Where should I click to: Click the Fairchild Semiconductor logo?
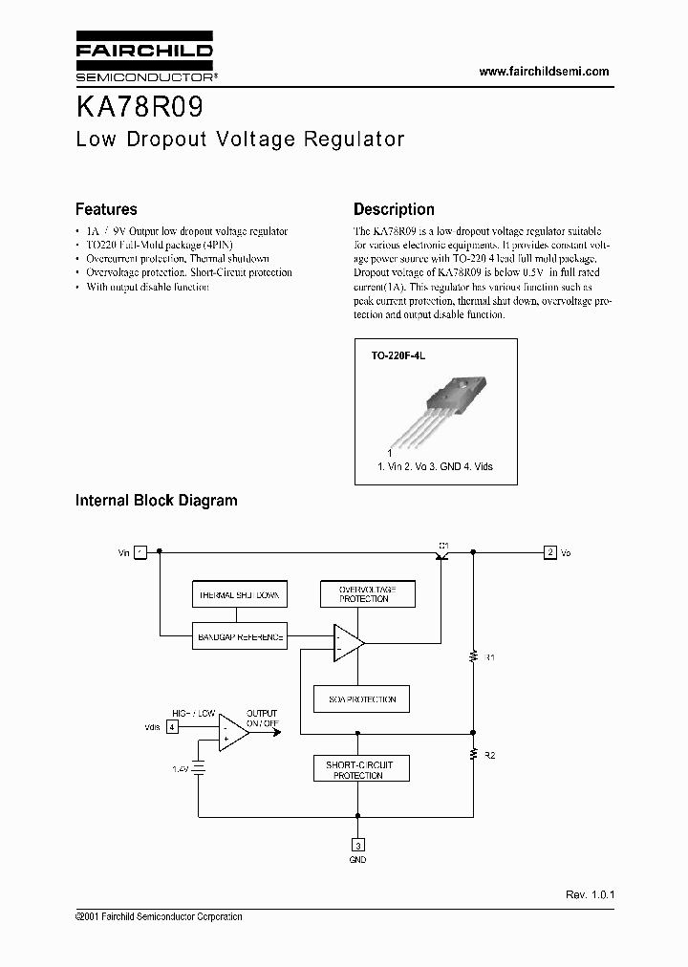click(x=144, y=59)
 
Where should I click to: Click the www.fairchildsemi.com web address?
click(x=543, y=72)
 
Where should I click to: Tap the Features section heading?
click(x=106, y=209)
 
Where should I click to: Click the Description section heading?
click(x=394, y=209)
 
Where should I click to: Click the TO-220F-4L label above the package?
click(x=403, y=355)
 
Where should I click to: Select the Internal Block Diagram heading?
click(x=156, y=500)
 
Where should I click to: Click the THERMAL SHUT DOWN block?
click(x=238, y=594)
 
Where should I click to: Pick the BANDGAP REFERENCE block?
click(x=238, y=636)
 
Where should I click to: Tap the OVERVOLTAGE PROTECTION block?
click(x=363, y=594)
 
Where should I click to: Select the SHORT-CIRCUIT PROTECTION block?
click(x=358, y=769)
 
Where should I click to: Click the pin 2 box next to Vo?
click(x=549, y=551)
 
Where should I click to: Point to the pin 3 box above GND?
click(x=357, y=845)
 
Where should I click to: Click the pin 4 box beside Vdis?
click(x=172, y=726)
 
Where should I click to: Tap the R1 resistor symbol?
click(x=472, y=656)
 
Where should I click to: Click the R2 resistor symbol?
click(x=472, y=755)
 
